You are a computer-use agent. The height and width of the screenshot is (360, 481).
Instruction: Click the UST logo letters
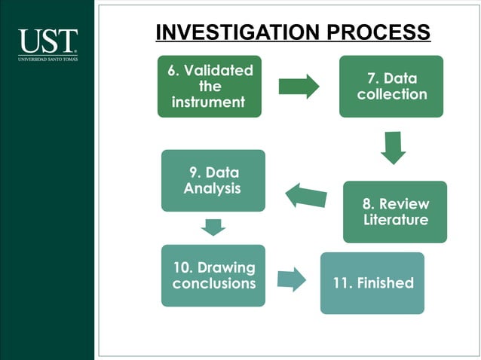[x=47, y=41]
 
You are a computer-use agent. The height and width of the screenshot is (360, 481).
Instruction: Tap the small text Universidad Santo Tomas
[x=47, y=58]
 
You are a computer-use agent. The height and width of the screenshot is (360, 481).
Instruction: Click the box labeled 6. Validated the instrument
[x=209, y=86]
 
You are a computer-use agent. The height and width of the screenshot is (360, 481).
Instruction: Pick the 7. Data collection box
[x=391, y=86]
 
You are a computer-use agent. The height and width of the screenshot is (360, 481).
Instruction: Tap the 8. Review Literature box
[x=394, y=212]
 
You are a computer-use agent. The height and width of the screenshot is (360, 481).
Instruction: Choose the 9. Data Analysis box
[x=213, y=180]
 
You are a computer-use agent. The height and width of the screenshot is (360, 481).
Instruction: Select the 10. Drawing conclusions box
[x=213, y=275]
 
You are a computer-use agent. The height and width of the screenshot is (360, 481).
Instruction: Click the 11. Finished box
[x=372, y=283]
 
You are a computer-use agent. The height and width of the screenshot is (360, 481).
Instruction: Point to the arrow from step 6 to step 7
[x=299, y=86]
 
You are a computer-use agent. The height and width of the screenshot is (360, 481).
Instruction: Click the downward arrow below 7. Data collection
[x=393, y=148]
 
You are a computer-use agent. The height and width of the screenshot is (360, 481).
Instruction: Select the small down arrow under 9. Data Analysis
[x=214, y=227]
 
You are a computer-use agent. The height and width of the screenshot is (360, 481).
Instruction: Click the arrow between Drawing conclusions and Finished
[x=291, y=279]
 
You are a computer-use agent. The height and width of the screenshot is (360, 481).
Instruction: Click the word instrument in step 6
[x=209, y=102]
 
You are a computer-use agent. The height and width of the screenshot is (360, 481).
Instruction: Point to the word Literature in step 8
[x=394, y=220]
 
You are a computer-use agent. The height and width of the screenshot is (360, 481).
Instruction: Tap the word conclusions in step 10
[x=214, y=284]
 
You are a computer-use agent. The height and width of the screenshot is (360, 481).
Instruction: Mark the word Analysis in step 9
[x=213, y=188]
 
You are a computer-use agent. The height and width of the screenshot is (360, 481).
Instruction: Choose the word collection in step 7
[x=392, y=94]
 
